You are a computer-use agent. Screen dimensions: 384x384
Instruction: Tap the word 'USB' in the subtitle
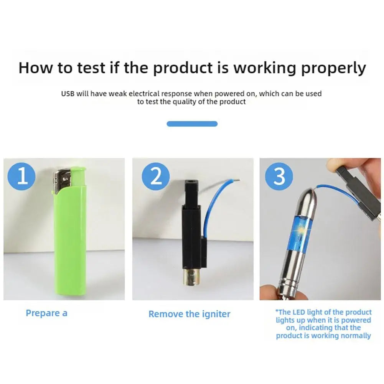click(68, 94)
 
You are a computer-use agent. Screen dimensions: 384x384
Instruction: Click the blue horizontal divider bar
click(192, 124)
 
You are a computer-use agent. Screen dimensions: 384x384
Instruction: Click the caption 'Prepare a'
click(46, 313)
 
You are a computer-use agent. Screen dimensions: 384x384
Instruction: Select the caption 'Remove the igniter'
click(189, 314)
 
